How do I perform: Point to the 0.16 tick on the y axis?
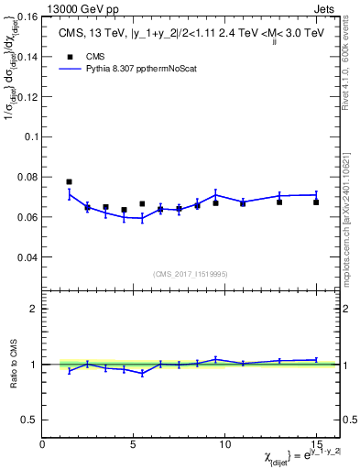[27, 16]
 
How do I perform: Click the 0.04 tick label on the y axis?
[27, 257]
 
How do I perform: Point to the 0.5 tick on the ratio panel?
[29, 420]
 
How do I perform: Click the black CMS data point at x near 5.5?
[142, 204]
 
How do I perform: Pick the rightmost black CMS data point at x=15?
[316, 202]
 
